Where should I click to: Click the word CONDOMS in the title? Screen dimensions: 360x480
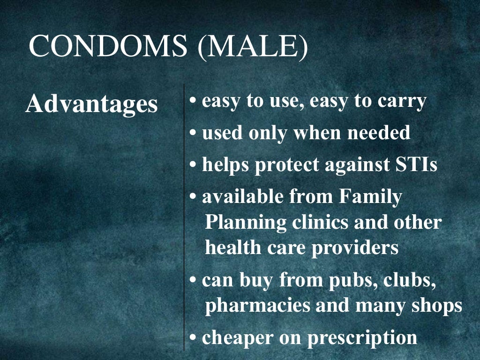[109, 47]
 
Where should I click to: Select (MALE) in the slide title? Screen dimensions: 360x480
[253, 47]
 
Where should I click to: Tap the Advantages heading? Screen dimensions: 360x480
[91, 104]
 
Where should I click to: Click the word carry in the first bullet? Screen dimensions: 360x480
[401, 102]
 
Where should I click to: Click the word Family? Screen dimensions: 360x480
[370, 197]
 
